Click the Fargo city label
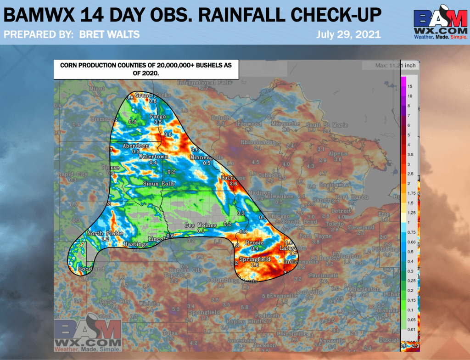point(155,117)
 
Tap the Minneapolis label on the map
point(206,157)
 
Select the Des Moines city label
point(197,225)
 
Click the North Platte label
point(105,233)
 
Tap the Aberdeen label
point(135,146)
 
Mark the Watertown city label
point(153,157)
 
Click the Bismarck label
point(100,119)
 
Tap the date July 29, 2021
point(348,35)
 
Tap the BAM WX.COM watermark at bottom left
point(88,334)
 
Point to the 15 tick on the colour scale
point(410,86)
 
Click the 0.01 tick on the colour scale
point(411,328)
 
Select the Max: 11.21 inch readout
point(395,66)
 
